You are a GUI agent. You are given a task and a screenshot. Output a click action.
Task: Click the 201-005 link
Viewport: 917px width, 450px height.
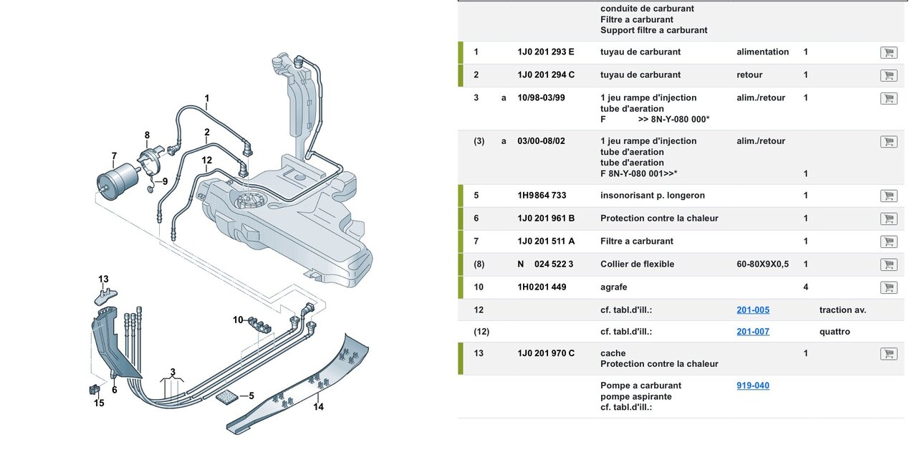[753, 310]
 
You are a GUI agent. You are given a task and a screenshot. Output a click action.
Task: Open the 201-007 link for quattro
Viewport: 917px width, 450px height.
[753, 332]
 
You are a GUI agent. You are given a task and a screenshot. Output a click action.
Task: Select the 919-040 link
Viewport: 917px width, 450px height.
[753, 386]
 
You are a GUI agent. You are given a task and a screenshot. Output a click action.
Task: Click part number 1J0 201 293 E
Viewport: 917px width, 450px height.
[546, 52]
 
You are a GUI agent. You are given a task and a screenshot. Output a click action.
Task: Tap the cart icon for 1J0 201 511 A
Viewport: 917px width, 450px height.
[888, 241]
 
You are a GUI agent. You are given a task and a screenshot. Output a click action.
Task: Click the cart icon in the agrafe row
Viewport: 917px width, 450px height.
[888, 287]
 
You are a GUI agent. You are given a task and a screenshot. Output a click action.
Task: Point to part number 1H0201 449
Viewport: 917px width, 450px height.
[542, 287]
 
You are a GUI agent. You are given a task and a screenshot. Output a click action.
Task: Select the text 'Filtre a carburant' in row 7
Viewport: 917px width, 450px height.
[638, 241]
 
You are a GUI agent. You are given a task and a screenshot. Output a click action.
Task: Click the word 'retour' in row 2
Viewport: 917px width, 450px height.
[749, 75]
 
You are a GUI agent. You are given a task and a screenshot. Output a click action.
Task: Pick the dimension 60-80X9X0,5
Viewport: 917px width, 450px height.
[762, 264]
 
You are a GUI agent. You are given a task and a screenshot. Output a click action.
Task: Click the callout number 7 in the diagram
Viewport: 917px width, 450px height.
[114, 156]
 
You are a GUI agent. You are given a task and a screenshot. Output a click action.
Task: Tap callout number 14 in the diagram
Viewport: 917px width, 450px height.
[318, 407]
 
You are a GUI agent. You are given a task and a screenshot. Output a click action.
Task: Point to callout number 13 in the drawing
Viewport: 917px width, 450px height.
[104, 279]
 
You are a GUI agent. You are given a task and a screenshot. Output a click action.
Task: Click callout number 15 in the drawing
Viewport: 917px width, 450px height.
[99, 403]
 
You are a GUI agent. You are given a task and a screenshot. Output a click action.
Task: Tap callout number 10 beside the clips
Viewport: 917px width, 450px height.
[238, 320]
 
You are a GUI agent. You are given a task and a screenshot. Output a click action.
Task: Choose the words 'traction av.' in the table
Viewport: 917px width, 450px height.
[842, 310]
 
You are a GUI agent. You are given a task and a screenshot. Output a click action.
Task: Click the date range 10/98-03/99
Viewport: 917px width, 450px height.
[541, 98]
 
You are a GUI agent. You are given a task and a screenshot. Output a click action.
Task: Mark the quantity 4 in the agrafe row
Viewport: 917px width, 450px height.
[806, 287]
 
